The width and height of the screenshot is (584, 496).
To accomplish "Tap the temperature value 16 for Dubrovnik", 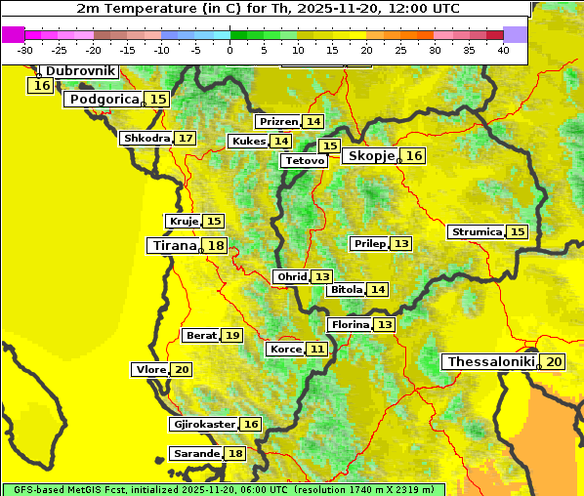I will pos(41,86).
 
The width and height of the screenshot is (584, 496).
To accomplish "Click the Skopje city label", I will pos(371,156).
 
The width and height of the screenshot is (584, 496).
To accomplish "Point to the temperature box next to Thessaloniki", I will pos(554,362).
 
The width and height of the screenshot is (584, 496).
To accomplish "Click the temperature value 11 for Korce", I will pos(317,350).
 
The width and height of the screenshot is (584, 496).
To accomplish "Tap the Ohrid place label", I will pos(291,277).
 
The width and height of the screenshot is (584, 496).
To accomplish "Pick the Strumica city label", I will pos(476,232).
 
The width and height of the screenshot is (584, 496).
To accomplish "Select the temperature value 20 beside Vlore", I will pos(182,370).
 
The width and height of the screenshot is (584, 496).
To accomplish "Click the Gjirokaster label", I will pos(203,425).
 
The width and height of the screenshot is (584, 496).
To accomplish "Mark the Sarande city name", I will pos(195,454).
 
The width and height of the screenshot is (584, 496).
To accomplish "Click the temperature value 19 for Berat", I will pos(231,336).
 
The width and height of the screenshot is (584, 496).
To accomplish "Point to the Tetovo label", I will pos(303,160).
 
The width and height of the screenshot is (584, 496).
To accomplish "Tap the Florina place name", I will pos(350,325).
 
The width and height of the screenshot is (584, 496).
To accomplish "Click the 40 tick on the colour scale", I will pos(503,50).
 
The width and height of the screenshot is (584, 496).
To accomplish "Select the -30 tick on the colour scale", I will pos(25,50).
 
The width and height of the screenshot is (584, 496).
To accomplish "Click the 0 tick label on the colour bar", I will pos(229,50).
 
